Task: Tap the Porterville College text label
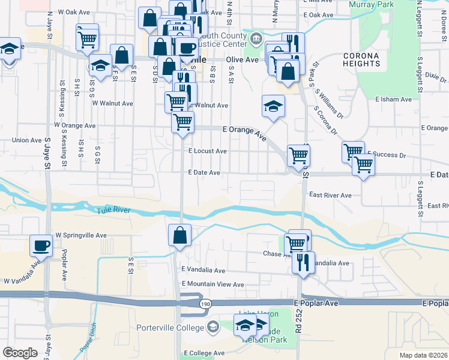[x=170, y=327]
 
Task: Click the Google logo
[x=20, y=353]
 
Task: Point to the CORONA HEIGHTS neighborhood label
[x=361, y=59]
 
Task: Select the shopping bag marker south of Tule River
[x=179, y=236]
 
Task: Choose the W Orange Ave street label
[x=75, y=126]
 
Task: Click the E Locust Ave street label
[x=208, y=151]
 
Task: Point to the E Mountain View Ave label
[x=212, y=284]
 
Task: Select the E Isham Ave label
[x=393, y=100]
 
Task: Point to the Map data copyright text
[x=423, y=355]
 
